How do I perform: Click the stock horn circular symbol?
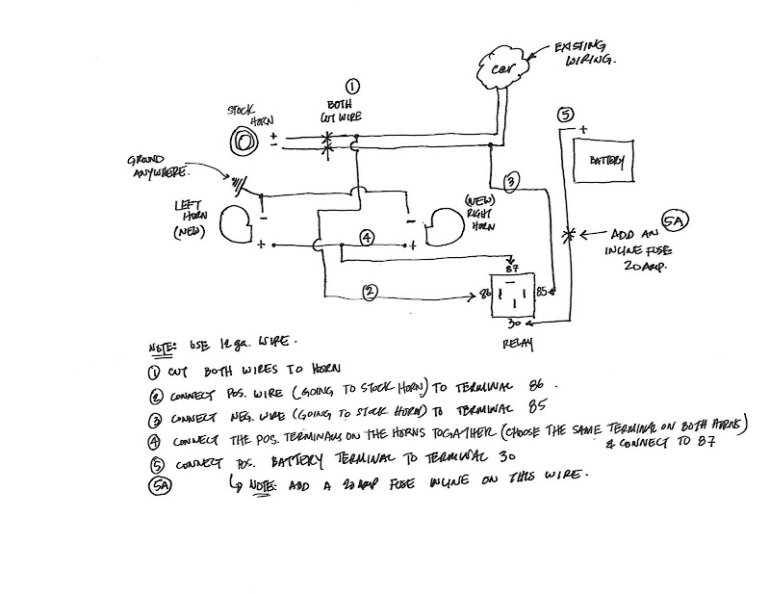click(244, 142)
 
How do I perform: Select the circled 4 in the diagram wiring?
click(368, 239)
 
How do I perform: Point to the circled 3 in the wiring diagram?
click(512, 182)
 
